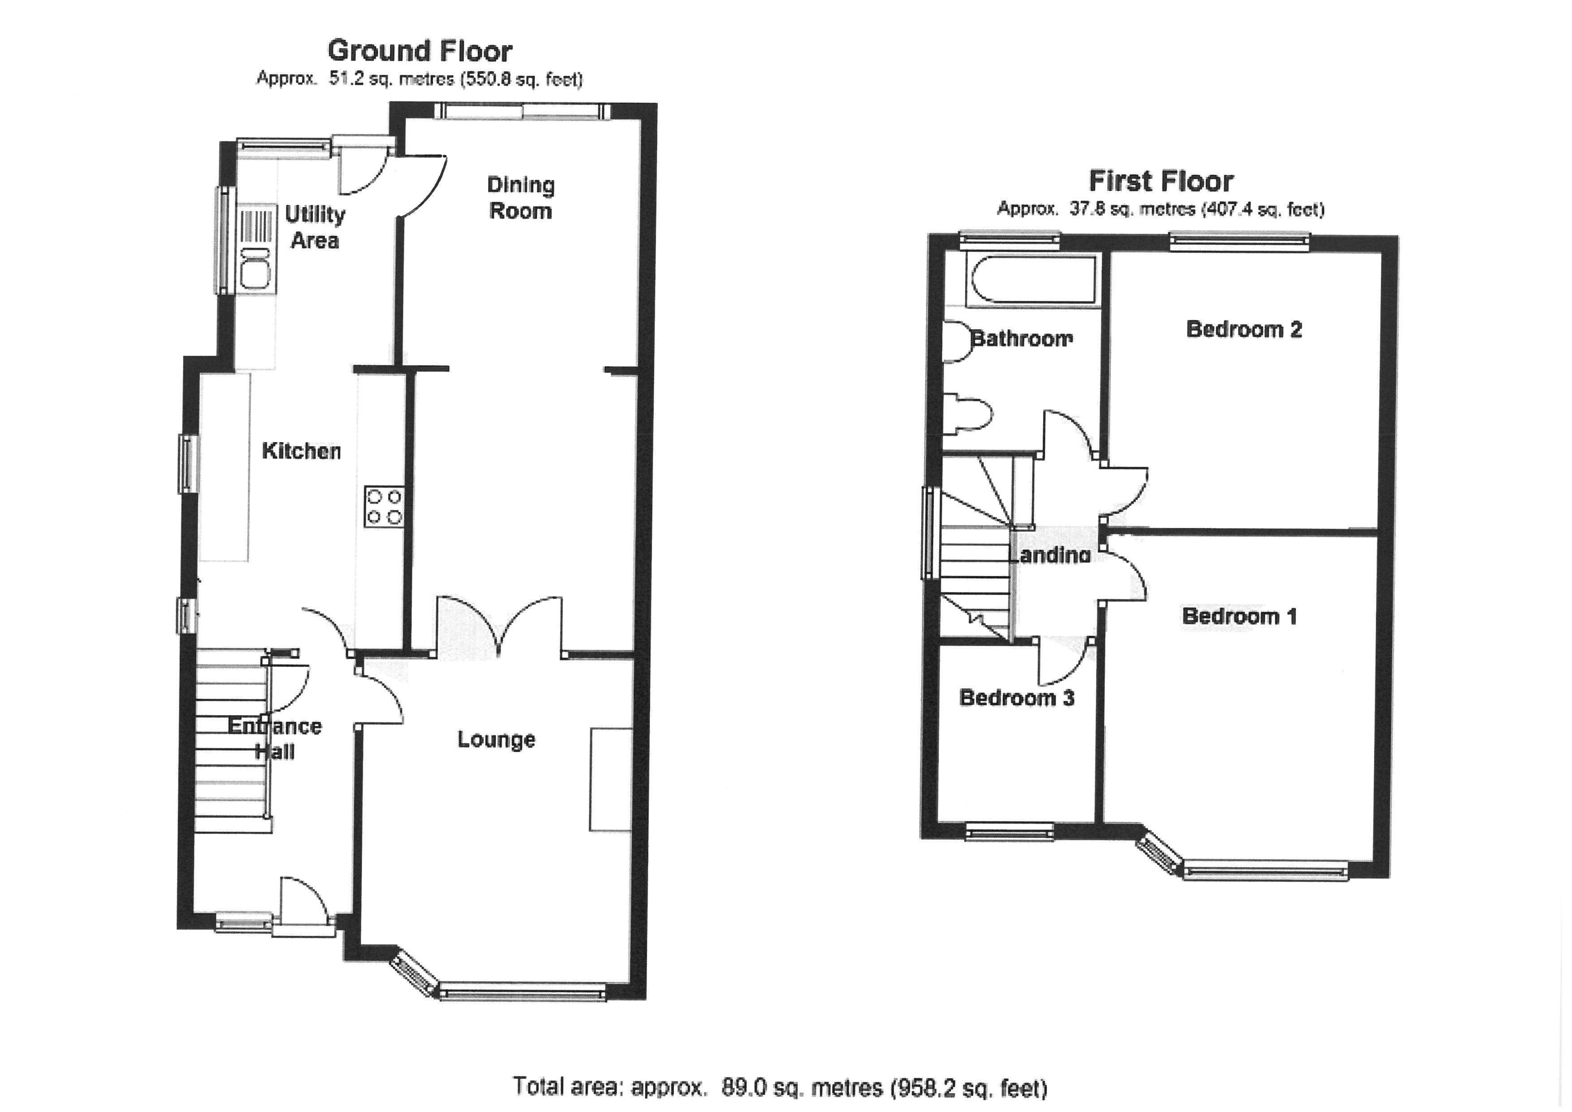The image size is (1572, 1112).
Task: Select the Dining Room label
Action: [x=521, y=198]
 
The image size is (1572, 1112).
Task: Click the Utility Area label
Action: [x=315, y=227]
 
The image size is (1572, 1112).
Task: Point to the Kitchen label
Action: [x=301, y=451]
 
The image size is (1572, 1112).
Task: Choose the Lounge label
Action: [x=496, y=739]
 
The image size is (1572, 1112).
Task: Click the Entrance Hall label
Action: [x=275, y=739]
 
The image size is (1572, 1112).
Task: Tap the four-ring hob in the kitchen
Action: [x=384, y=506]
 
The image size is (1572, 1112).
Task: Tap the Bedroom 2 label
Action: [x=1243, y=330]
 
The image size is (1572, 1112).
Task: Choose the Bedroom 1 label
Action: [x=1239, y=616]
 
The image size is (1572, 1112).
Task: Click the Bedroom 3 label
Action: [x=1017, y=698]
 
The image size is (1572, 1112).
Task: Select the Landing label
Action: [x=1051, y=555]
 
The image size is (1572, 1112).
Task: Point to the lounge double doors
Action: [x=500, y=626]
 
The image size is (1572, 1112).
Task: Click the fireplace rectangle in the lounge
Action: [x=611, y=779]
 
